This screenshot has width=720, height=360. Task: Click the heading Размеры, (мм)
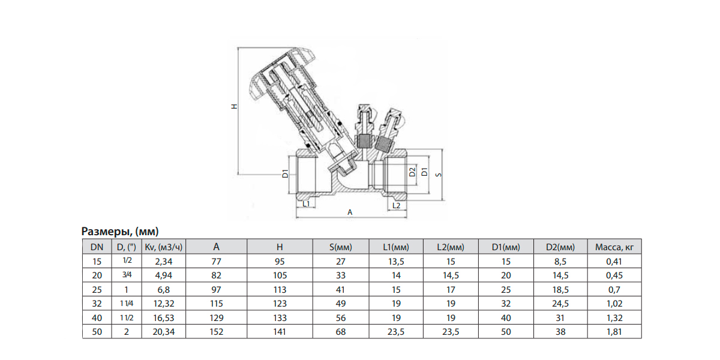coord(119,232)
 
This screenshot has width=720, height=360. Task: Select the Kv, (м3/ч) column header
coord(163,247)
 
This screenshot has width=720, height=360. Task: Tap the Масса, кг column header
coord(614,247)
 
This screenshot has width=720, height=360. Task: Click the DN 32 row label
coord(97,303)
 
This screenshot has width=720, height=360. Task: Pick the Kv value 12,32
coord(163,303)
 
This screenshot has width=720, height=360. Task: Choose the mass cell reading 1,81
coord(614,331)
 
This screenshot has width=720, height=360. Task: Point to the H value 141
coord(280,331)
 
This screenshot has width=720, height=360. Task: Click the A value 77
coord(217,261)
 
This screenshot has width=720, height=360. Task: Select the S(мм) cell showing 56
coord(341,317)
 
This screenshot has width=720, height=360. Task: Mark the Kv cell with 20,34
coord(163,331)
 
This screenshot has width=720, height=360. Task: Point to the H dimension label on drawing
coord(235,107)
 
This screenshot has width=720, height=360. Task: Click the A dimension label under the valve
coord(350,212)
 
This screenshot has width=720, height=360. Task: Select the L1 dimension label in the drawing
coord(306,204)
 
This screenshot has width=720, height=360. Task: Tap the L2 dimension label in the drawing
coord(395,205)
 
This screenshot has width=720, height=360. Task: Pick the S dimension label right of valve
coord(439,175)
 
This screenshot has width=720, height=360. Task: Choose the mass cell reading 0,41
coord(614,261)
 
